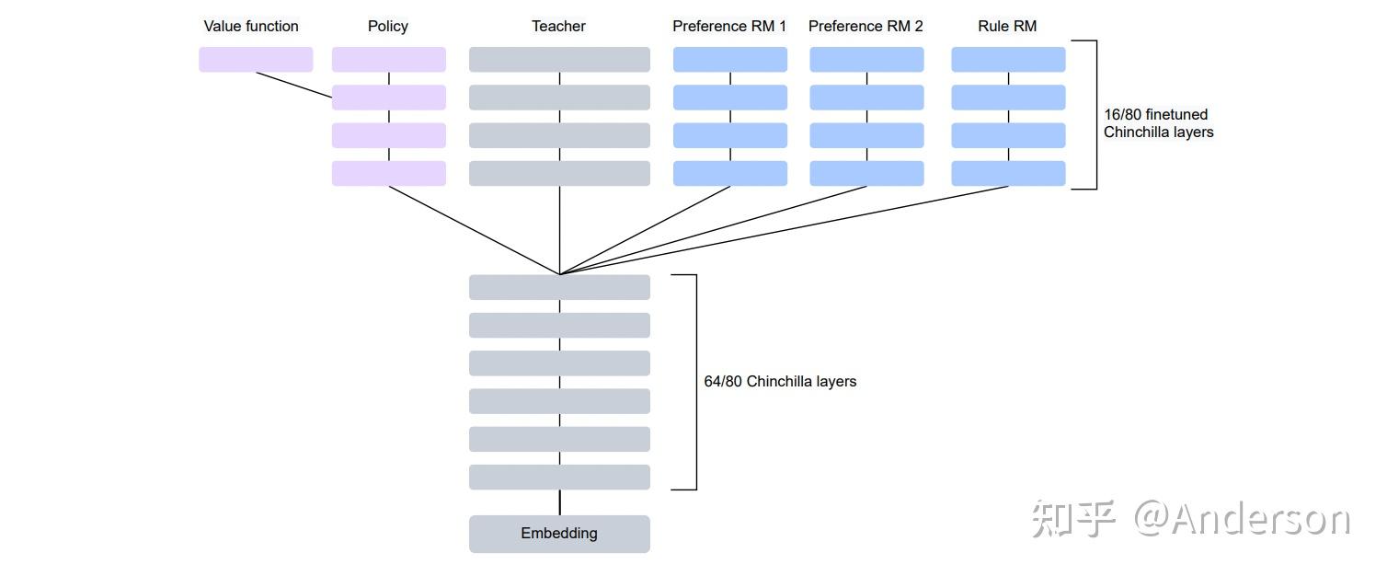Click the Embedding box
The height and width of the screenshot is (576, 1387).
click(x=559, y=534)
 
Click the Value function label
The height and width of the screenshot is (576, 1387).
click(x=251, y=26)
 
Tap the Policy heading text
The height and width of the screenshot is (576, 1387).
click(x=387, y=26)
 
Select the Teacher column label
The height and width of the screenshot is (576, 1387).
click(x=558, y=26)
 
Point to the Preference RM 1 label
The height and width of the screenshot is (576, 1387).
click(x=729, y=26)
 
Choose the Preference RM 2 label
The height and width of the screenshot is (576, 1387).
click(x=865, y=26)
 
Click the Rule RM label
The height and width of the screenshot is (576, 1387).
click(x=1007, y=26)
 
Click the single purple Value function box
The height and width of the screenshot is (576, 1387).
click(x=256, y=60)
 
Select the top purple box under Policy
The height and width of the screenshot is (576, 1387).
click(x=389, y=60)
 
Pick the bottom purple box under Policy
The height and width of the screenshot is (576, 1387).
click(x=389, y=173)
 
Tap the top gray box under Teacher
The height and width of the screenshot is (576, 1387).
click(x=559, y=60)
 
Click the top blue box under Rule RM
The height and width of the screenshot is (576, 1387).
click(x=1008, y=60)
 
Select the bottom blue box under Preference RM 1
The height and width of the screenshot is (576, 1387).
click(x=730, y=173)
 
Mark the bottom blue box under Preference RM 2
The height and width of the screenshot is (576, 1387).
click(x=866, y=173)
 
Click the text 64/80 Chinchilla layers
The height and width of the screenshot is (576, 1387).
click(x=780, y=381)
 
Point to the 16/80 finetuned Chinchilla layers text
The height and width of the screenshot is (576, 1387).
click(x=1159, y=123)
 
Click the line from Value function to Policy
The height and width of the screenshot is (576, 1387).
click(x=294, y=85)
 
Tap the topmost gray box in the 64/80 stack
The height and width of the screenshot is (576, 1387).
click(x=559, y=287)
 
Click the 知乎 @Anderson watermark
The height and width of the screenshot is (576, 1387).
click(x=1190, y=519)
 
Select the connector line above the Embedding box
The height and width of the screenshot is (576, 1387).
click(x=560, y=502)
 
